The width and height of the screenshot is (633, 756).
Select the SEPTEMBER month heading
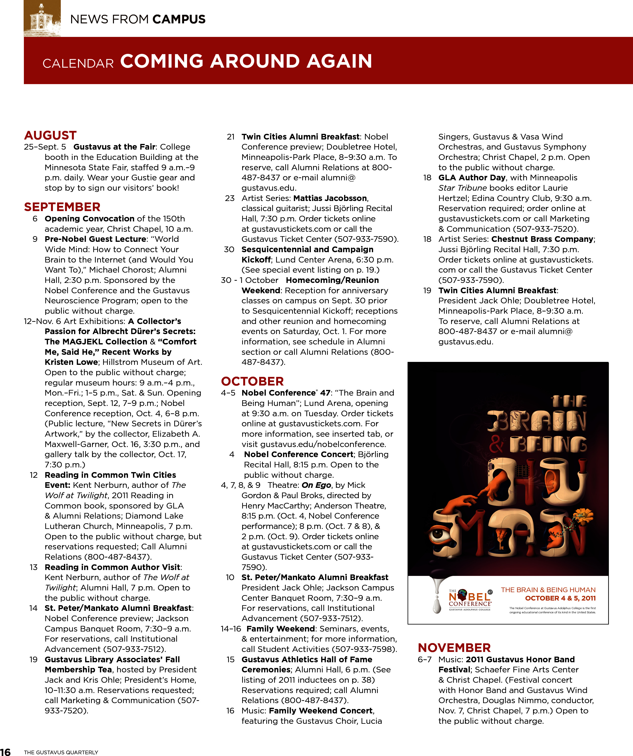pyautogui.click(x=62, y=207)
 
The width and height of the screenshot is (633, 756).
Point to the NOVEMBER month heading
pyautogui.click(x=454, y=648)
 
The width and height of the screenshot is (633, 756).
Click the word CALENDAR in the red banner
pyautogui.click(x=78, y=64)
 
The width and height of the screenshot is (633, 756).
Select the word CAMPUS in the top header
pyautogui.click(x=179, y=19)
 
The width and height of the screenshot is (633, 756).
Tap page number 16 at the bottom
pyautogui.click(x=5, y=752)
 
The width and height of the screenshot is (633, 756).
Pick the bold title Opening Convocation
pyautogui.click(x=89, y=218)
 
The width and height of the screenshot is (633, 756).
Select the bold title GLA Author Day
pyautogui.click(x=472, y=177)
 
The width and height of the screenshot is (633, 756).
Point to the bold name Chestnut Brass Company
pyautogui.click(x=542, y=239)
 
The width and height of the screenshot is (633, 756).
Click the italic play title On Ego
pyautogui.click(x=316, y=485)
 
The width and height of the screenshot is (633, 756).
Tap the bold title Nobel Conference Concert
pyautogui.click(x=299, y=454)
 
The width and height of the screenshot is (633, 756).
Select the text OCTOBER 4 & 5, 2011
pyautogui.click(x=560, y=598)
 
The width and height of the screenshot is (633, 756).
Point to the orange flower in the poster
pyautogui.click(x=584, y=515)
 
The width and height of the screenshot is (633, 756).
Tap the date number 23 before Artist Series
pyautogui.click(x=230, y=198)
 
